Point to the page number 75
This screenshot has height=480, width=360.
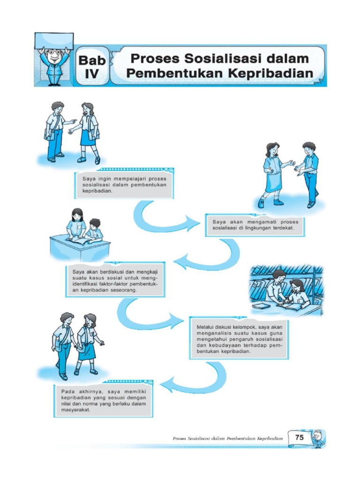pyautogui.click(x=299, y=437)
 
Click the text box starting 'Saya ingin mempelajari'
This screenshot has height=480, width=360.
pyautogui.click(x=124, y=185)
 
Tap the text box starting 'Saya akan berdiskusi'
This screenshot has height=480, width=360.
pyautogui.click(x=115, y=280)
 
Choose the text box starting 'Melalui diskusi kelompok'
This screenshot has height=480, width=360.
pyautogui.click(x=240, y=338)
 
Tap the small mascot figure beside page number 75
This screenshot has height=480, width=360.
pyautogui.click(x=318, y=438)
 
